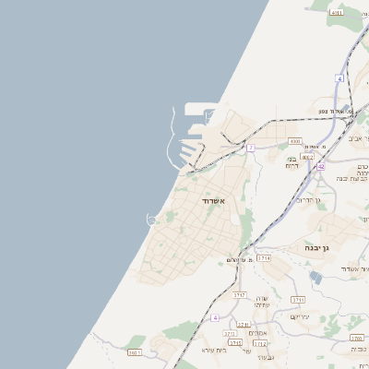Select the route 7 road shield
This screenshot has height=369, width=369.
251,148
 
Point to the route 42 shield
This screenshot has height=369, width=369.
320,167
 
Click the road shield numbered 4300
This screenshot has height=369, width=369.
294,141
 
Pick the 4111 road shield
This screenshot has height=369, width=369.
336,13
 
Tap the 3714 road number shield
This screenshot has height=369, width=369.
264,259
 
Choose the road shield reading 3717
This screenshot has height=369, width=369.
241,294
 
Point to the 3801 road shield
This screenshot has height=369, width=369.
135,352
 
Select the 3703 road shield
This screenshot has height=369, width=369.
357,338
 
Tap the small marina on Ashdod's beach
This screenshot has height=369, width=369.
151,218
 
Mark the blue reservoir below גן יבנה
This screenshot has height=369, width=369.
315,276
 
